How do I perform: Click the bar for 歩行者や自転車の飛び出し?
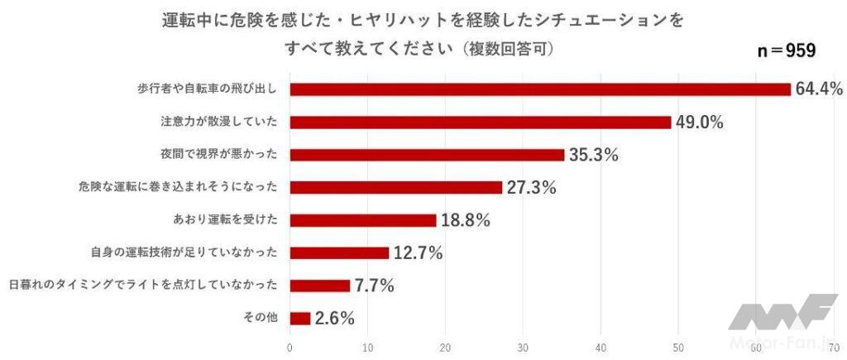tap(539, 89)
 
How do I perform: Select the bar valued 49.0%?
tap(480, 122)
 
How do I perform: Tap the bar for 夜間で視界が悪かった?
tap(427, 155)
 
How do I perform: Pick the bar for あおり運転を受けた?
tap(362, 220)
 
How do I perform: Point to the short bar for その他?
tap(299, 318)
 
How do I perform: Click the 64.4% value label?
tap(819, 89)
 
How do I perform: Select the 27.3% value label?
tap(531, 187)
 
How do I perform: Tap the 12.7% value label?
tap(418, 252)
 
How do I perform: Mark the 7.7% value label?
tap(374, 286)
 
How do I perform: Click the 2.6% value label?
tap(334, 318)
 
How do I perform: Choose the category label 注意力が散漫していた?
tap(218, 122)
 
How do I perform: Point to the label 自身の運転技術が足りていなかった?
tap(183, 252)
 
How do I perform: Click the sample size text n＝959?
tap(787, 50)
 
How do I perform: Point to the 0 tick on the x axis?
tap(290, 348)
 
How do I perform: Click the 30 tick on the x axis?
tap(524, 348)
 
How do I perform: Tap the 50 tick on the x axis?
tap(679, 348)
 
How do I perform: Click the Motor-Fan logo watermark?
tap(782, 323)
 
